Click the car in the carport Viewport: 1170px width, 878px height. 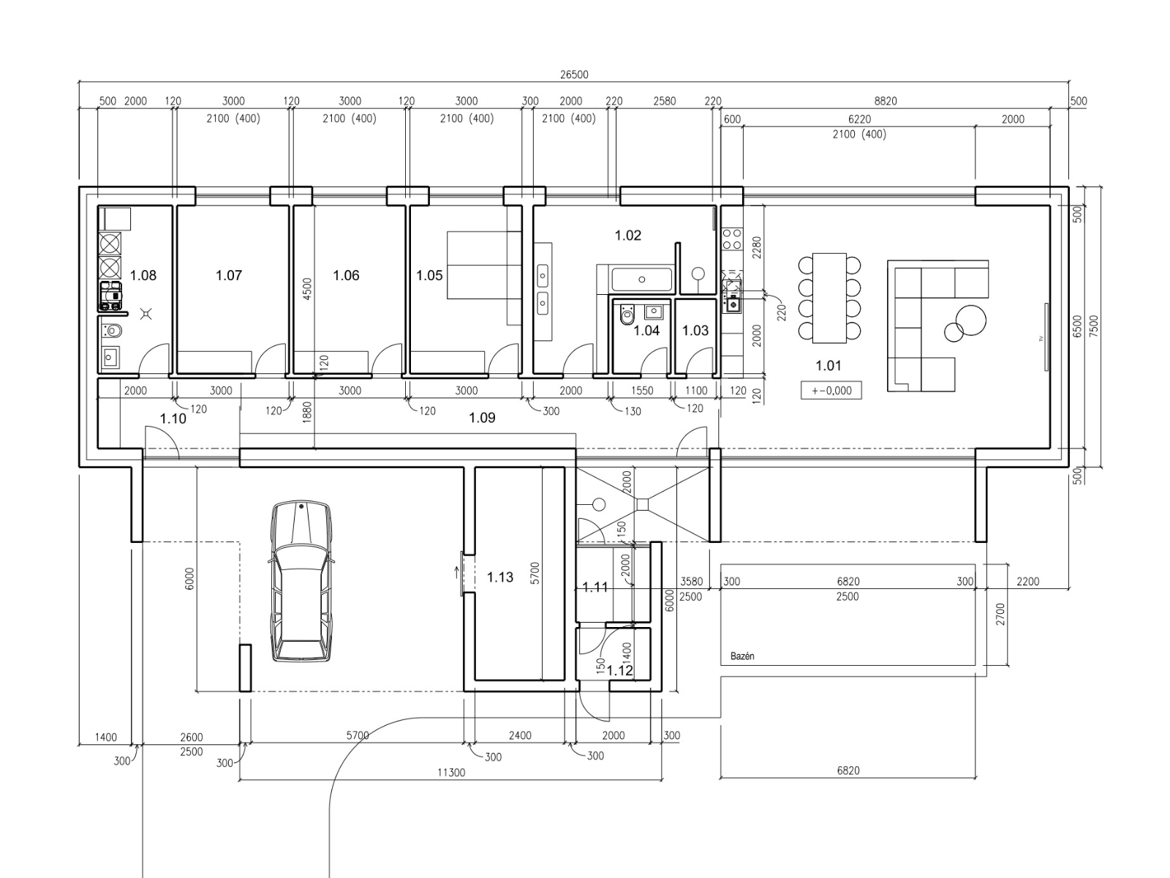pyautogui.click(x=302, y=581)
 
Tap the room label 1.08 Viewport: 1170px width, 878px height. pyautogui.click(x=143, y=275)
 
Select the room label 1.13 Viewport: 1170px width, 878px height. pyautogui.click(x=500, y=577)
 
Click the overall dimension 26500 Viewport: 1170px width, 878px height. pyautogui.click(x=574, y=75)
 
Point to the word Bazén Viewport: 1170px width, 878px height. pyautogui.click(x=742, y=656)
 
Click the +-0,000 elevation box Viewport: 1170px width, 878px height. pyautogui.click(x=831, y=390)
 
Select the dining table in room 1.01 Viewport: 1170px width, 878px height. pyautogui.click(x=829, y=298)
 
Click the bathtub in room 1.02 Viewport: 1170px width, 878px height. pyautogui.click(x=642, y=279)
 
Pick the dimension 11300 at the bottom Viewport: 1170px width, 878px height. pyautogui.click(x=451, y=773)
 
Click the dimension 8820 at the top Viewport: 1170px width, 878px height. pyautogui.click(x=886, y=101)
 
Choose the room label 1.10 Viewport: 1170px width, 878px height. pyautogui.click(x=173, y=419)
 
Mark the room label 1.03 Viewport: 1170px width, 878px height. pyautogui.click(x=695, y=331)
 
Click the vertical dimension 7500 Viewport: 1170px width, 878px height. pyautogui.click(x=1094, y=326)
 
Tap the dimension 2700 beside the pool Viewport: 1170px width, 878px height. pyautogui.click(x=1000, y=614)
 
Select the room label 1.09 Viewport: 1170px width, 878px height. pyautogui.click(x=482, y=417)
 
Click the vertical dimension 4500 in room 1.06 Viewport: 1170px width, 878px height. pyautogui.click(x=307, y=289)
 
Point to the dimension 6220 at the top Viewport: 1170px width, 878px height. pyautogui.click(x=859, y=119)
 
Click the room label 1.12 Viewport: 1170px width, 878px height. pyautogui.click(x=619, y=671)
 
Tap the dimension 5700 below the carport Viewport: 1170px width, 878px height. pyautogui.click(x=358, y=735)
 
